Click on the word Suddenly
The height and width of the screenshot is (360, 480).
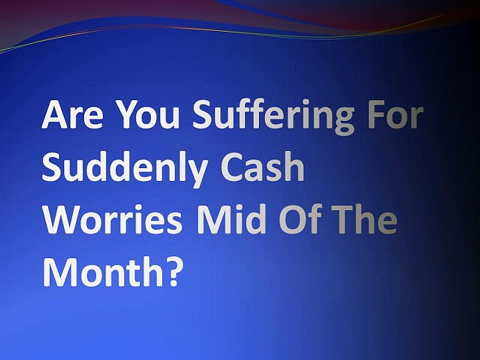click(125, 169)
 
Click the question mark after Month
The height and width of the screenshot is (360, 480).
click(170, 271)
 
